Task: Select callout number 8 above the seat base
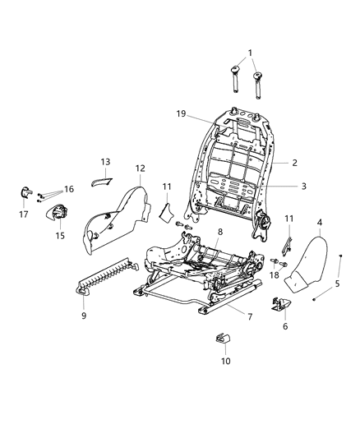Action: [x=219, y=233]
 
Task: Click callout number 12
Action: [x=141, y=168]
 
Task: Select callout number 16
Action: [x=69, y=189]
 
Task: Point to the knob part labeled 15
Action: [x=58, y=213]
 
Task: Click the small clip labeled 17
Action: [x=25, y=194]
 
